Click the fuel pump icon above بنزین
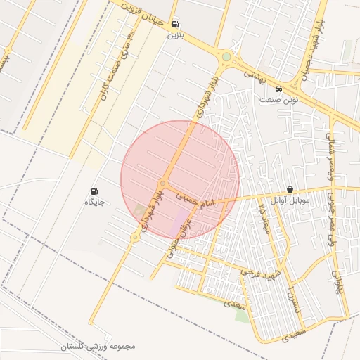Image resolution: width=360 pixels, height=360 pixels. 174,22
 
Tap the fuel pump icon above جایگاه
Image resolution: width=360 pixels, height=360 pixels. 94,191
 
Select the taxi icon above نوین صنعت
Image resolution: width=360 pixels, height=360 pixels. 279,89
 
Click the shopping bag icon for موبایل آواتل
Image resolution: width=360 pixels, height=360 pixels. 290,190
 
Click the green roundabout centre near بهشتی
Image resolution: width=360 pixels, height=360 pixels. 226,57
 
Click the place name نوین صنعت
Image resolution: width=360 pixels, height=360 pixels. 279,100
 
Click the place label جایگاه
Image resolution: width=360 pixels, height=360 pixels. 94,202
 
